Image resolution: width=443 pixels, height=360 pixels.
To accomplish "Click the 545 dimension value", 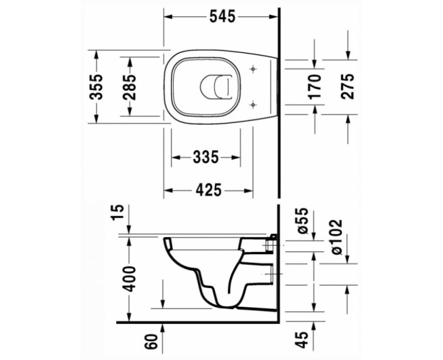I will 221,17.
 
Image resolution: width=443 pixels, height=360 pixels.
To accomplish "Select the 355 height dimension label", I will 96,86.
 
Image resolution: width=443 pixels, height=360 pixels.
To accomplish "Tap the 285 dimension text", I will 130,86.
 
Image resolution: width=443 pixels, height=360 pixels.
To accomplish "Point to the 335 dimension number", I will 205,158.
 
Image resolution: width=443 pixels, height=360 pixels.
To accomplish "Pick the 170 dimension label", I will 315,86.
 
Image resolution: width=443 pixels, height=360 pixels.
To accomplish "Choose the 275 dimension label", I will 348,86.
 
